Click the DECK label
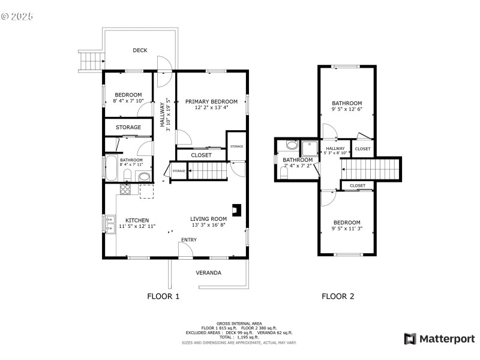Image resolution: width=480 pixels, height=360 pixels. coord(140,50)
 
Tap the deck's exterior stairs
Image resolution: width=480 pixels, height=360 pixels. coord(92,61)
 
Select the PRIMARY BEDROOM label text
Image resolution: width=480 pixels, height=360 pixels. coord(211,101)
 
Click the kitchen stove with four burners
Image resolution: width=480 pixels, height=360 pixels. coord(126,189)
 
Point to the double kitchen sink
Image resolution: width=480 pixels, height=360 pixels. coord(110,224)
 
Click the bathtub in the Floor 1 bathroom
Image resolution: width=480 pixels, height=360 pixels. coord(111,168)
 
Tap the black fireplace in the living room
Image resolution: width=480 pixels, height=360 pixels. coord(238,209)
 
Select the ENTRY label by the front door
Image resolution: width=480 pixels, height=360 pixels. coord(188,240)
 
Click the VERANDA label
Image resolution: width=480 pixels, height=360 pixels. coord(209,273)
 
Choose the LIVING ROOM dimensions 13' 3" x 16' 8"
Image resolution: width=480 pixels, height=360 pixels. coord(209,226)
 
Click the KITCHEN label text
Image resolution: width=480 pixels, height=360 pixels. coord(137,220)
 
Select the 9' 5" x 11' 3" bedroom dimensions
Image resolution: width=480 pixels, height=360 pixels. coord(347,229)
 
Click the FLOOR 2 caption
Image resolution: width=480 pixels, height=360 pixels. coord(338,296)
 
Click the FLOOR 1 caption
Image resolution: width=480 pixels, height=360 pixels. coord(163,296)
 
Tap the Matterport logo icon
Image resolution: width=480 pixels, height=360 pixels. coord(410,339)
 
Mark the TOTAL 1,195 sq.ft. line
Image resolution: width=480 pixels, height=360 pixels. coord(239,337)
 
